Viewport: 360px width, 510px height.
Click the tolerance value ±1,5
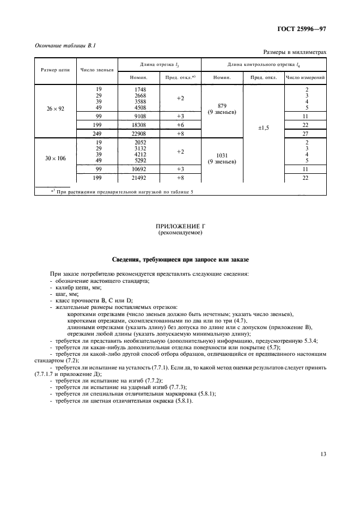coord(264,129)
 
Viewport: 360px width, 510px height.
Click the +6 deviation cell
coord(181,124)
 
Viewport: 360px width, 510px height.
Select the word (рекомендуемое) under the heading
coord(179,232)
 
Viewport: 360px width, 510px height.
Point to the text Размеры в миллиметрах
coord(295,52)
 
